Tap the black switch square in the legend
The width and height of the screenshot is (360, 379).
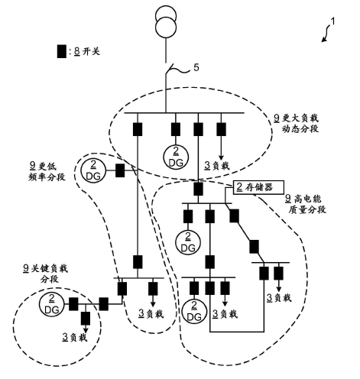[x=61, y=52]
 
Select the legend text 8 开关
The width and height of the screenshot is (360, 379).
[x=85, y=52]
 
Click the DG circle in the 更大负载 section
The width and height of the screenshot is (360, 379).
[x=174, y=154]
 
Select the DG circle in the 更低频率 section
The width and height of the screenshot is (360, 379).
[x=92, y=170]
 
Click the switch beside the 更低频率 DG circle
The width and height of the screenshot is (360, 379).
[x=120, y=170]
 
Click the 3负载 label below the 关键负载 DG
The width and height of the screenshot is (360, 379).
[x=73, y=337]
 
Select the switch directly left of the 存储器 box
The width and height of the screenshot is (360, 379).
[x=197, y=187]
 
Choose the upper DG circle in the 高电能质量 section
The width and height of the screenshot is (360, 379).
[x=186, y=242]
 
